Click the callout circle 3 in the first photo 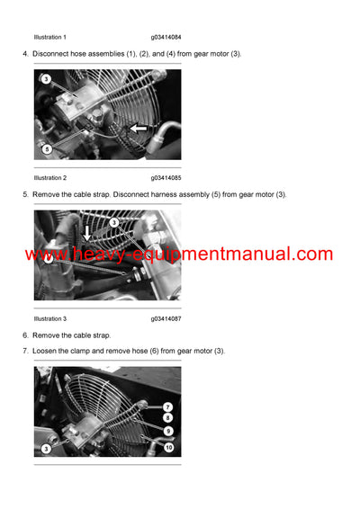click(46, 79)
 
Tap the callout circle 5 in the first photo click(47, 148)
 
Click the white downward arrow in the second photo click(86, 233)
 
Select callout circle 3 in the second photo click(114, 221)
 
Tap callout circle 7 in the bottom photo click(167, 407)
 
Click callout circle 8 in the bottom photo click(167, 418)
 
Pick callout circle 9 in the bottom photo click(167, 431)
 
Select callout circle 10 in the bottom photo click(167, 447)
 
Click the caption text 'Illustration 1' click(49, 37)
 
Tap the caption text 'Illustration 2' click(49, 178)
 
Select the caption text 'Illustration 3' click(49, 319)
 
